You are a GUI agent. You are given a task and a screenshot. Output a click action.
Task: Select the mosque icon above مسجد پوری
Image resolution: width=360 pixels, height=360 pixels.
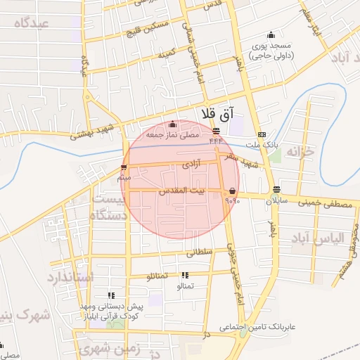coord(271,35)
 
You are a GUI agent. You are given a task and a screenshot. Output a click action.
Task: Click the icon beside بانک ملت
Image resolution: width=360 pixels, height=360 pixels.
coord(262,134)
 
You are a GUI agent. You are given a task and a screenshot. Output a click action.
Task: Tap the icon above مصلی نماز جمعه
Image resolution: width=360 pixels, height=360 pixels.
coord(172,124)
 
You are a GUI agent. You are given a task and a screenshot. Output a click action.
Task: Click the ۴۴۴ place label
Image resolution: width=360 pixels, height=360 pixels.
coord(215,141)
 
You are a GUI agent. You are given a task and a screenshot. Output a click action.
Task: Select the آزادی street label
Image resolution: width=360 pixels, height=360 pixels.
coord(191,164)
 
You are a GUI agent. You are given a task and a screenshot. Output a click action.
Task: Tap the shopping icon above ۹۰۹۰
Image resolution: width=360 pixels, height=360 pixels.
coord(232,191)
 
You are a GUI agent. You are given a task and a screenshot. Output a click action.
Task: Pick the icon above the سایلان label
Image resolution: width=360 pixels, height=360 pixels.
coord(276,190)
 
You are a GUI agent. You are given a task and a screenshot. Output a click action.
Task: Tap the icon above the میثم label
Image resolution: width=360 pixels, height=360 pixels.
coord(124,167)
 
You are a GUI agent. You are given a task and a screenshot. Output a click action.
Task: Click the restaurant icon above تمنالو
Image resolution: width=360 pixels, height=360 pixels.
coord(184,276)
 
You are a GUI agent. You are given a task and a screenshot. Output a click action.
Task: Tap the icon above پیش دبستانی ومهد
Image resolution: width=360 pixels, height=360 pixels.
coord(110,297)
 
